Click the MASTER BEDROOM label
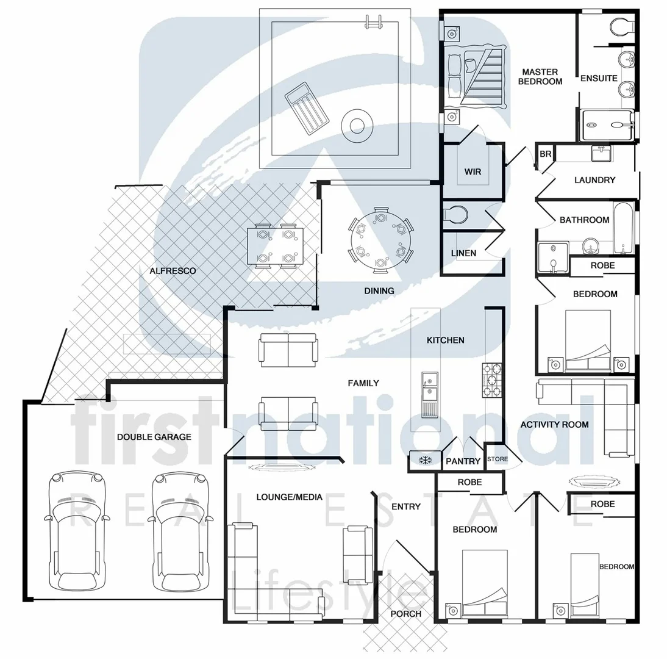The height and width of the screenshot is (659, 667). coord(540,77)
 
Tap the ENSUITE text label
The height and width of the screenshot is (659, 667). coord(599,78)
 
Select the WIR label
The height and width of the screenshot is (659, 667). coord(473,171)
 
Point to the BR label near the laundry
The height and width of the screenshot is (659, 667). coord(545,154)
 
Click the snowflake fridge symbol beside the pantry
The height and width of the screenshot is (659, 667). coord(424,459)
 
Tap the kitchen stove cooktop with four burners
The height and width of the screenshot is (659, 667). coord(492,380)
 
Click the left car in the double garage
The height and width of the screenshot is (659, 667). coord(77,531)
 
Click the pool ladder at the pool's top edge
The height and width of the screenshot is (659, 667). coord(373,21)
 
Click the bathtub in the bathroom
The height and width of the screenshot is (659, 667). coord(622,229)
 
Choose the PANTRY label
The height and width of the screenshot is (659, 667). coord(463,461)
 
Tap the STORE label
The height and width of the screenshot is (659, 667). coord(497,459)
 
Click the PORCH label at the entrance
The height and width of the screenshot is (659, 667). coord(405,613)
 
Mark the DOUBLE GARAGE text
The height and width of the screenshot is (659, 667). coord(154,437)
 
